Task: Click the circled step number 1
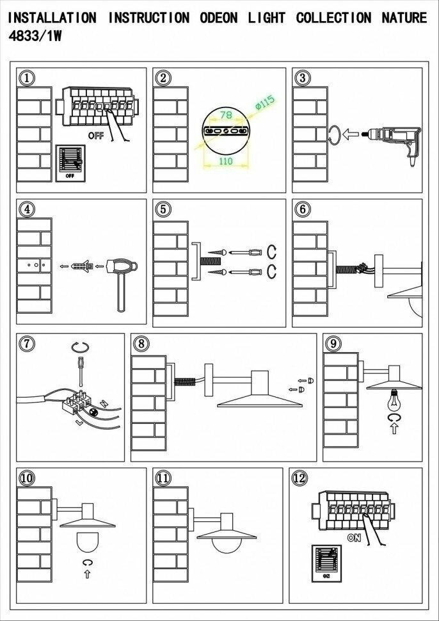click(x=26, y=78)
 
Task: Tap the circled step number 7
click(x=26, y=344)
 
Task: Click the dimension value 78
click(x=225, y=115)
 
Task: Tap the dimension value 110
click(x=225, y=161)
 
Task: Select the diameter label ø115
click(x=264, y=102)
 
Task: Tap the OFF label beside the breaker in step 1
click(x=96, y=136)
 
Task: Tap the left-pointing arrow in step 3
click(x=349, y=135)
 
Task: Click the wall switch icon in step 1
click(x=70, y=163)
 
